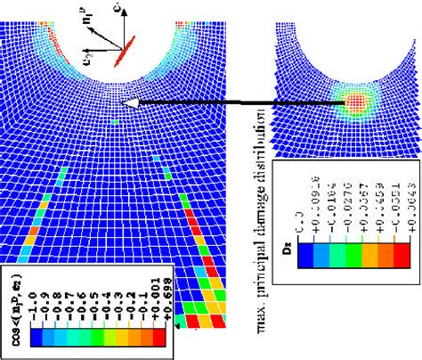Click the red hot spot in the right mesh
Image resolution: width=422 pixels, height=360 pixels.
tap(356, 102)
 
